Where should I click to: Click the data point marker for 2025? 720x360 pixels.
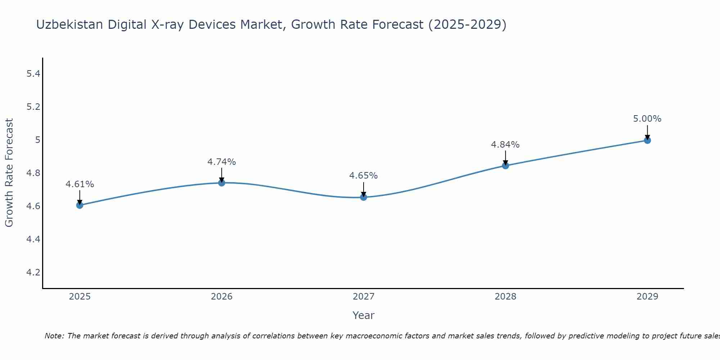tap(80, 205)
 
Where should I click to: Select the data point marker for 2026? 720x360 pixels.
tap(221, 183)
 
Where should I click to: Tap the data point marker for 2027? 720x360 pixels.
tap(363, 197)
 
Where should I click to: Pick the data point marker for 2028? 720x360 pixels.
tap(505, 166)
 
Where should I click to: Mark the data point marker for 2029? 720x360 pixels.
tap(647, 140)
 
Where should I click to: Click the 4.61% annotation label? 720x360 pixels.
tap(80, 184)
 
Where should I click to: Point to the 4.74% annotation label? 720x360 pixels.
tap(221, 162)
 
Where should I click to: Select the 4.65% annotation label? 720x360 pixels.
tap(363, 176)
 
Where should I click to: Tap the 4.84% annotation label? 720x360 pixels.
tap(505, 145)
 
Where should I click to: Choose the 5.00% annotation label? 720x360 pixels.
tap(647, 119)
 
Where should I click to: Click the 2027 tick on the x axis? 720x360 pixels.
tap(363, 297)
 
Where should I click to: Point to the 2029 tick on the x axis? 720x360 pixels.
tap(647, 297)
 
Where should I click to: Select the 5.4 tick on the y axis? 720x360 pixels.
tap(33, 74)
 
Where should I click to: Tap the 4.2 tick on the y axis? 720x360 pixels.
tap(33, 272)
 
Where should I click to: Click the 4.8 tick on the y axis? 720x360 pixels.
tap(33, 173)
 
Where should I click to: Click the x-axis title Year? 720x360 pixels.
tap(363, 315)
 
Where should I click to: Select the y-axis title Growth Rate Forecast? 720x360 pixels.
tap(9, 173)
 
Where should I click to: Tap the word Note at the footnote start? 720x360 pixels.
tap(54, 336)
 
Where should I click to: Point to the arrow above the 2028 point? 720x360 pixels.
tap(505, 158)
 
